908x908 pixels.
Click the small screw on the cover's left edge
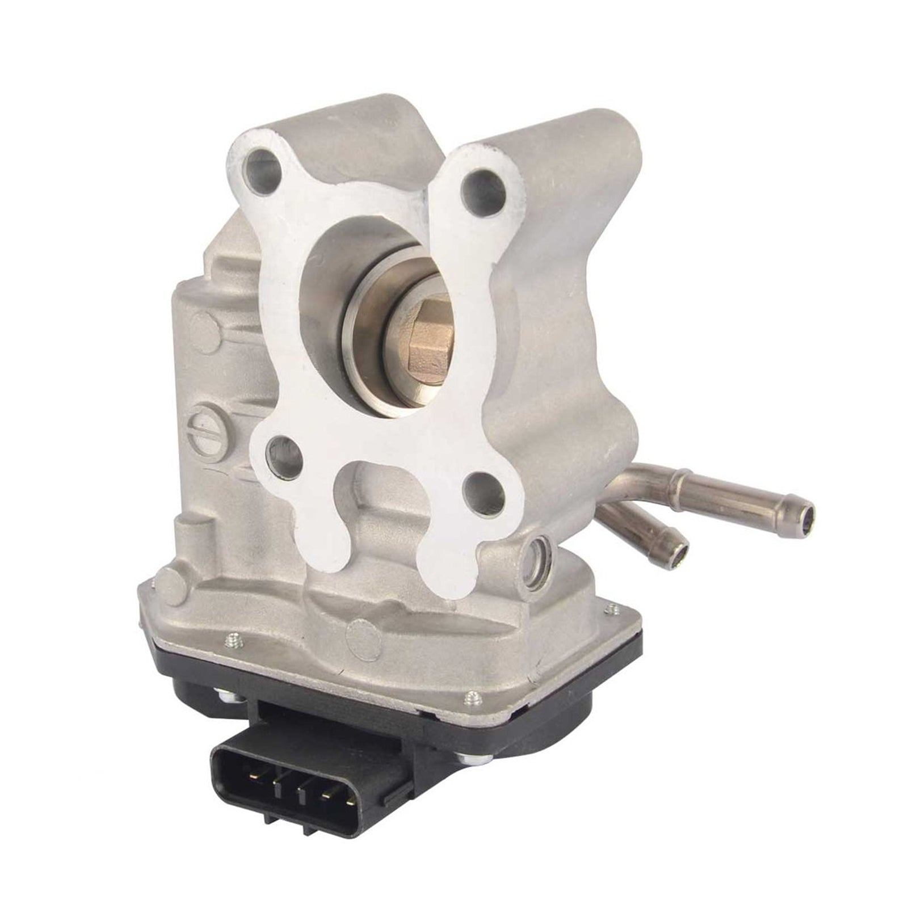[x=232, y=642]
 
